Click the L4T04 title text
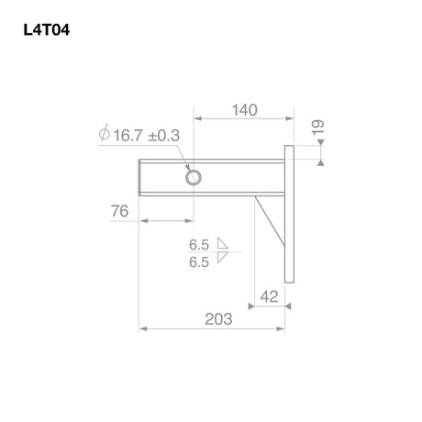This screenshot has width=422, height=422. click(47, 30)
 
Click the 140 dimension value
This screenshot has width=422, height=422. click(245, 110)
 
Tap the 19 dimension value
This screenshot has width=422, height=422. click(318, 128)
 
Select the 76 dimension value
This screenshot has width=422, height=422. click(119, 211)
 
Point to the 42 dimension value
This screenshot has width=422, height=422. click(270, 296)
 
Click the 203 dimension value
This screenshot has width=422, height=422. click(218, 319)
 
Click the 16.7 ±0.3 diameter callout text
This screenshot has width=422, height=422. click(147, 136)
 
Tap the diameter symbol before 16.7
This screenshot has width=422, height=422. click(105, 132)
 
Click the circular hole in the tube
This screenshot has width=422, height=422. click(194, 178)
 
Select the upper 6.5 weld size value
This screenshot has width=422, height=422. click(199, 245)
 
